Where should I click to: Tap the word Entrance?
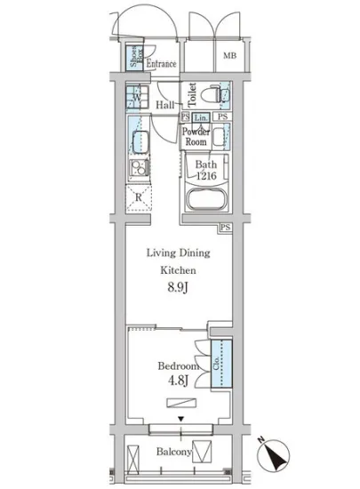[x=161, y=64]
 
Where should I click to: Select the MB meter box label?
[x=229, y=55]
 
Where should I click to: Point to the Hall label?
[x=165, y=105]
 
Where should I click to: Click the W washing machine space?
[x=137, y=97]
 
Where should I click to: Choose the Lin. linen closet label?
[x=200, y=117]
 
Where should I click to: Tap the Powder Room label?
[x=196, y=137]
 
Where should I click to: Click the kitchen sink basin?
[x=140, y=142]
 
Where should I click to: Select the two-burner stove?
[x=139, y=167]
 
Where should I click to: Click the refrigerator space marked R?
[x=139, y=198]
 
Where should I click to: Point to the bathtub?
[x=206, y=199]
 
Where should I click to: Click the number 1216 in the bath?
[x=206, y=176]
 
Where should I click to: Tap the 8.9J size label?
[x=178, y=287]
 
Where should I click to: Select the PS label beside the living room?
[x=225, y=228]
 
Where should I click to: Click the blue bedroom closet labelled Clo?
[x=221, y=364]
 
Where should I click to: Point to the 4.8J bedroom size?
[x=179, y=381]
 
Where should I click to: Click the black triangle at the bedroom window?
[x=180, y=419]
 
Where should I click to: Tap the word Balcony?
[x=173, y=452]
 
